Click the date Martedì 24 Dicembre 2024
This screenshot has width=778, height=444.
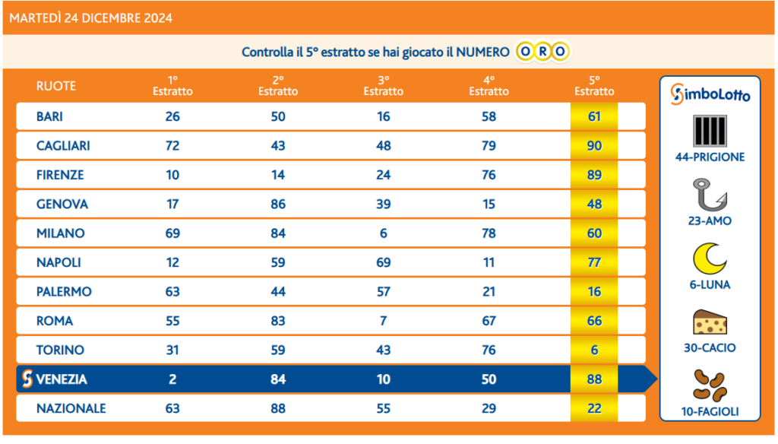(x=91, y=18)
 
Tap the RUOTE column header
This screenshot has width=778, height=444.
(x=56, y=86)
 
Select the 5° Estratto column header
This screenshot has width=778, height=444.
(x=594, y=86)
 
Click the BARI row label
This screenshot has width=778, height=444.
(x=49, y=116)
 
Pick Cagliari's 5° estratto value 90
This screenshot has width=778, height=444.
(x=594, y=145)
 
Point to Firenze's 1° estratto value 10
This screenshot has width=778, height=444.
(x=172, y=175)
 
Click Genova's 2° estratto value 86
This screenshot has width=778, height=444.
(x=278, y=204)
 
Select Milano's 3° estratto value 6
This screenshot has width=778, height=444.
(x=384, y=233)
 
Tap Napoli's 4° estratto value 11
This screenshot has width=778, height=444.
(x=489, y=262)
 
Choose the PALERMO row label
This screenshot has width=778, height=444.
(x=64, y=291)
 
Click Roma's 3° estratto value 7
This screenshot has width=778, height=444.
(x=384, y=321)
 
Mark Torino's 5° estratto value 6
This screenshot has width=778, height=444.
(x=594, y=350)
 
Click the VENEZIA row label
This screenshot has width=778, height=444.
(x=62, y=379)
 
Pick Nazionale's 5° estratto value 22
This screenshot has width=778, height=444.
(x=594, y=408)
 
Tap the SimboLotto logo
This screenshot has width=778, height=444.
(x=710, y=94)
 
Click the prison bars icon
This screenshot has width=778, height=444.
(x=710, y=131)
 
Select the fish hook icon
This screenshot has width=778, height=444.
(x=710, y=195)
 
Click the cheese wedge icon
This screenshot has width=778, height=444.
(x=710, y=322)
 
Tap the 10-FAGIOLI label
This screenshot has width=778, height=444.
(x=710, y=413)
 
